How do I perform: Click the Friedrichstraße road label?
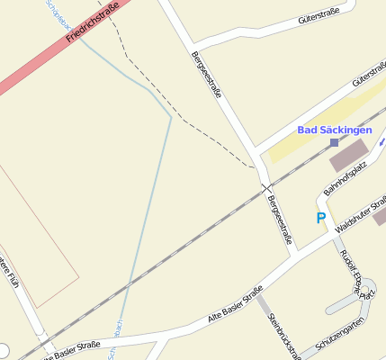98,21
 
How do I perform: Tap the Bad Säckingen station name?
335,130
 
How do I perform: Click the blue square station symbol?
334,142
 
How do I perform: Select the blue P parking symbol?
320,218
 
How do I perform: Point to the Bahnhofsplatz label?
346,178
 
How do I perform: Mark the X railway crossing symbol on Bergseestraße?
265,188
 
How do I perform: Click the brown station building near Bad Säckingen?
350,156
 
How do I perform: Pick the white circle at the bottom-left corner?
3,350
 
